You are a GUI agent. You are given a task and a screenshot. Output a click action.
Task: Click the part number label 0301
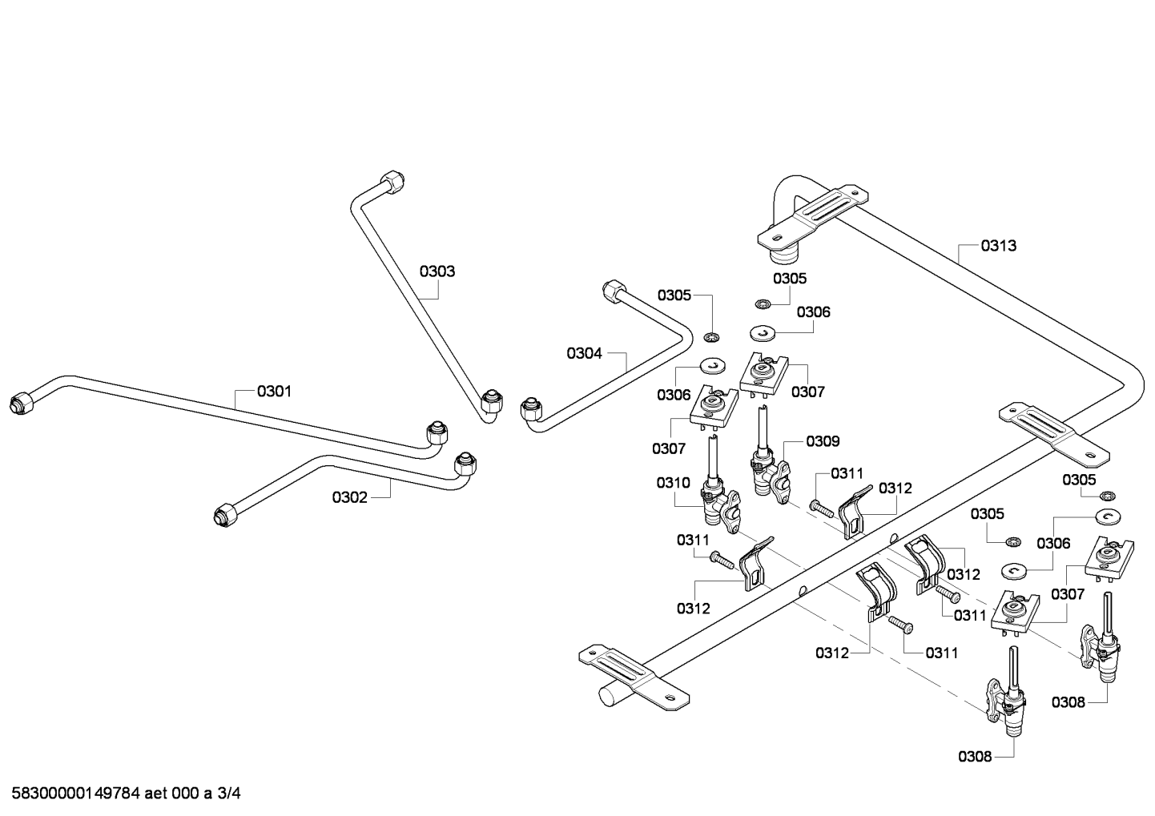[x=274, y=392]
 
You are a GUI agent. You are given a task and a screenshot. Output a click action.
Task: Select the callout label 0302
[x=349, y=497]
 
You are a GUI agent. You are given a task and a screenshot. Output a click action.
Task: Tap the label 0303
[x=437, y=271]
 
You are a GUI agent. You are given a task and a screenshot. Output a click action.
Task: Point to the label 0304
[x=584, y=354]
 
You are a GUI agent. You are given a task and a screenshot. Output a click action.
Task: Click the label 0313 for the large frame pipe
[x=999, y=246]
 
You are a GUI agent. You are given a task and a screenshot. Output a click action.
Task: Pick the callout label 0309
[x=823, y=441]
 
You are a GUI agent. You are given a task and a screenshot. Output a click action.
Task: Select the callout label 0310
[x=674, y=483]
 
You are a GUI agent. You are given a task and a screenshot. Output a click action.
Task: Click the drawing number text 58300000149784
[x=76, y=794]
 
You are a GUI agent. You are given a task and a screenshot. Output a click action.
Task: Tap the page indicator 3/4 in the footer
[x=228, y=794]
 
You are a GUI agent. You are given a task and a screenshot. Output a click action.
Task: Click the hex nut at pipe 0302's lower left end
[x=225, y=515]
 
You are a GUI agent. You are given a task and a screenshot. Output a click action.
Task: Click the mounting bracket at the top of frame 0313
[x=813, y=215]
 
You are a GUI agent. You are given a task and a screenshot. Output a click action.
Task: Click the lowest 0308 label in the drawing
[x=975, y=757]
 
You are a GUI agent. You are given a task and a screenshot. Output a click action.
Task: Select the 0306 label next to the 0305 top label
[x=814, y=312]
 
